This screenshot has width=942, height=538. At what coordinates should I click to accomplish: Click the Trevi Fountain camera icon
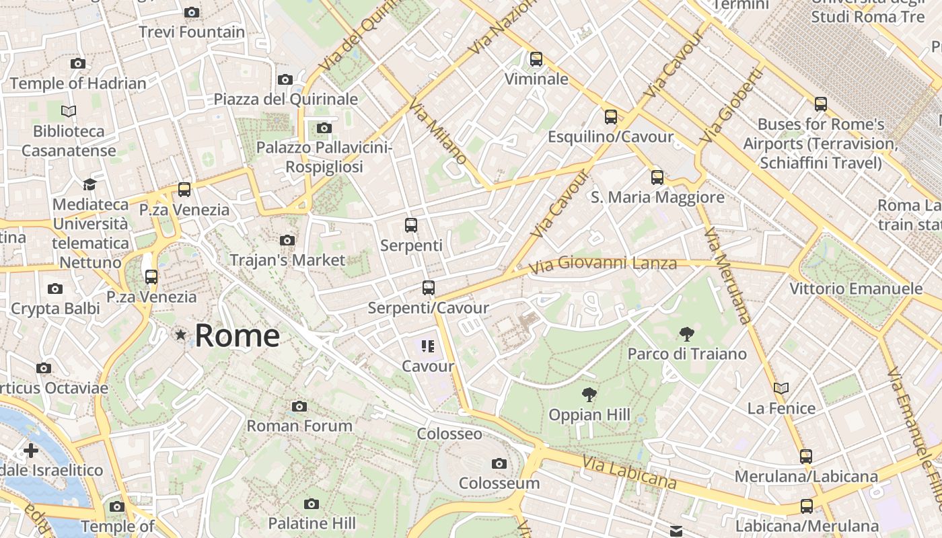pos(192,12)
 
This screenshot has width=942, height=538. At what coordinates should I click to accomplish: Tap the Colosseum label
pos(499,483)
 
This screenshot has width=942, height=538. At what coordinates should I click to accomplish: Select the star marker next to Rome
pos(180,334)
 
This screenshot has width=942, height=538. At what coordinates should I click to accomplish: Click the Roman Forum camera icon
pos(299,406)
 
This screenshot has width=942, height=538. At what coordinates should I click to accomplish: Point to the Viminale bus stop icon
pos(536,59)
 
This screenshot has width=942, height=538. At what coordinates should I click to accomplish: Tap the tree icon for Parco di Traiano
pos(687,334)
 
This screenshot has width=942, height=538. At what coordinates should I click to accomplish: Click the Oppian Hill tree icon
pos(589,395)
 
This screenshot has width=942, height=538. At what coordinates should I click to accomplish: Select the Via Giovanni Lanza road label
pos(602,264)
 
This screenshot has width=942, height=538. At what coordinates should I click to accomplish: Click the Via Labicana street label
pos(629,473)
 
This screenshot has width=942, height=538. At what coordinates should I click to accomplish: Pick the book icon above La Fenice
pos(781,388)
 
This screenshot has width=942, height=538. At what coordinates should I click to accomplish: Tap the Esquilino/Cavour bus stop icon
pos(610,117)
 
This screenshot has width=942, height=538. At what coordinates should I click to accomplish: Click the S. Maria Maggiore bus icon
pos(657,178)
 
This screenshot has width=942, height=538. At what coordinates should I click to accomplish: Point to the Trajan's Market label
pos(287,260)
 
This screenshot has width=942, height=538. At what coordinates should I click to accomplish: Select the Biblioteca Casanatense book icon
pos(69,111)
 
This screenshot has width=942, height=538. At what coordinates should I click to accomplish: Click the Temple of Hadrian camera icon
pos(78,64)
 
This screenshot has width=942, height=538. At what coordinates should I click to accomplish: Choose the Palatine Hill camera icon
pos(311,504)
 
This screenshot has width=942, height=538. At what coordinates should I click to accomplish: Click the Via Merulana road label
pos(727,276)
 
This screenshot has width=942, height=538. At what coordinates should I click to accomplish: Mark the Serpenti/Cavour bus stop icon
pos(429,288)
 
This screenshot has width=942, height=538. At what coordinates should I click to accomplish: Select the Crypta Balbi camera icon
pos(55,289)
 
